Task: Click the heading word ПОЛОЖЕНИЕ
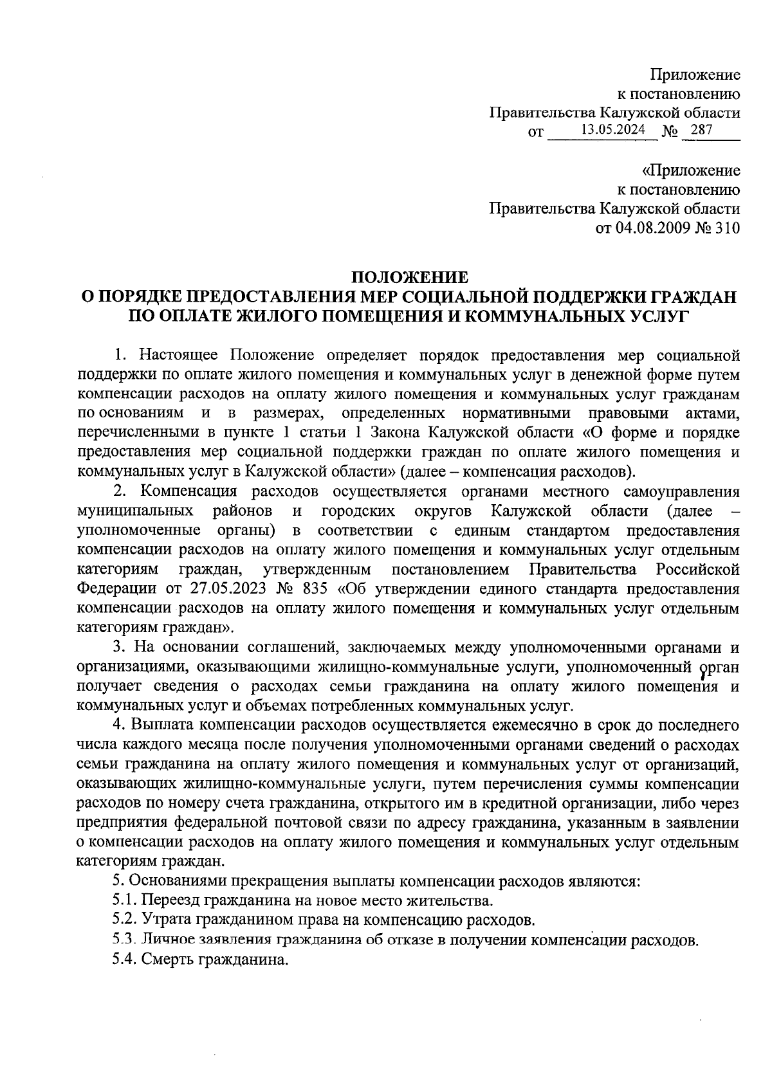pos(409,278)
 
